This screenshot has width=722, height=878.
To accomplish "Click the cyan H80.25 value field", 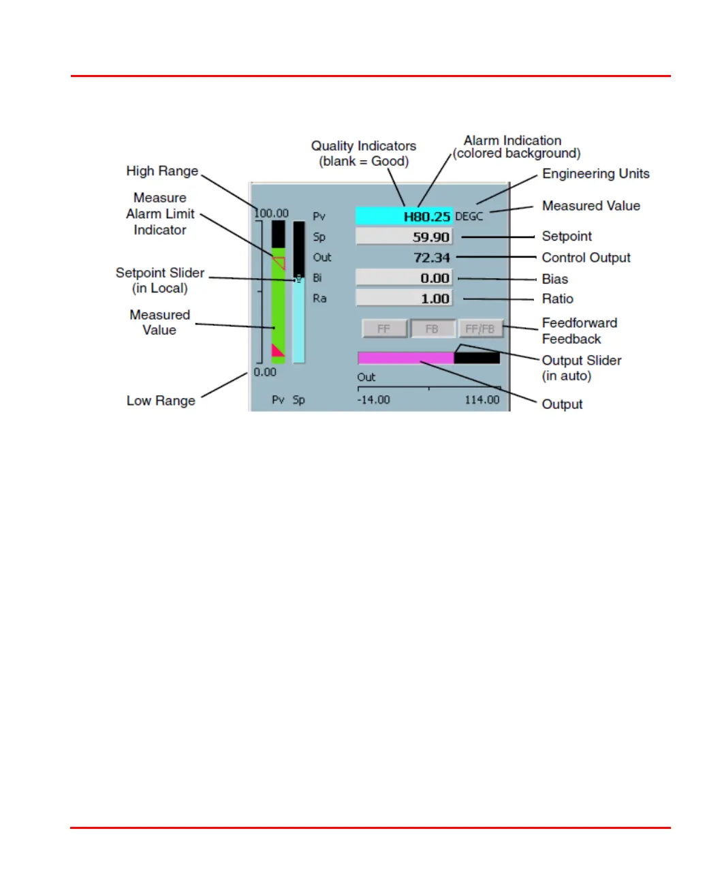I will click(404, 216).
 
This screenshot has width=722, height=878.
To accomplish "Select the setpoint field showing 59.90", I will click(404, 237).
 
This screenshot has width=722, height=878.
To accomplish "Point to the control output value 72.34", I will click(432, 258).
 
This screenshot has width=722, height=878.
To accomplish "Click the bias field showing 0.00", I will click(404, 278).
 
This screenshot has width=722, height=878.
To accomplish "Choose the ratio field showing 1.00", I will click(404, 299).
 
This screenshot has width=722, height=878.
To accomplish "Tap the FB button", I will click(432, 329).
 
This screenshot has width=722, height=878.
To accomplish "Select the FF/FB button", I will click(480, 329).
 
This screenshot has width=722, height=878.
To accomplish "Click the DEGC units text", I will click(469, 217).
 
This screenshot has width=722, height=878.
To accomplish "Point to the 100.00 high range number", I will click(272, 213).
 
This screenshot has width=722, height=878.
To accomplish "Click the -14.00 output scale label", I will click(373, 400).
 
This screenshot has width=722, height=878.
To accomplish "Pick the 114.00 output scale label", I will click(482, 400).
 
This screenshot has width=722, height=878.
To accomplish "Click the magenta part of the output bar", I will click(405, 358).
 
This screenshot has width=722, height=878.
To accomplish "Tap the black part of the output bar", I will click(477, 358).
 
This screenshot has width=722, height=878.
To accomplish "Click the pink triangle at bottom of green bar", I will click(277, 351).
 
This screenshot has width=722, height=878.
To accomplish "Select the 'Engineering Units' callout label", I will click(595, 174).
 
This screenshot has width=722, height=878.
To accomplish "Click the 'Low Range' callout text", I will click(161, 401).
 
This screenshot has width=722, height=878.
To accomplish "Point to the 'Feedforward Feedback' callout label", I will click(579, 331).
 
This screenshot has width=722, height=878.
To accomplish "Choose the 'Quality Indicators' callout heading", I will click(364, 146).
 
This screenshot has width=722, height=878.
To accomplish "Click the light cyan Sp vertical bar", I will click(298, 320).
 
